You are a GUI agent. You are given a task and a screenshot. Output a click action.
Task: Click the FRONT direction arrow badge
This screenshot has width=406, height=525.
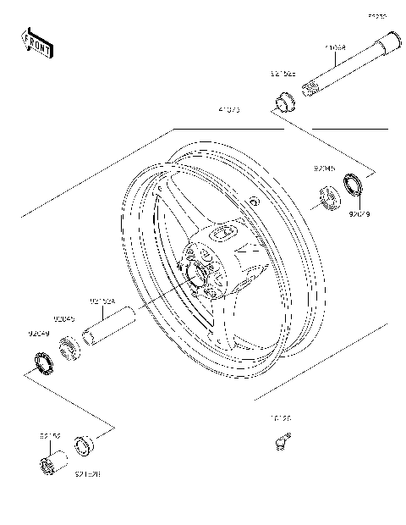pyautogui.click(x=36, y=42)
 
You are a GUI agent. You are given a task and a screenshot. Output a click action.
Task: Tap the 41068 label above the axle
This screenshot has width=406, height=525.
pyautogui.click(x=337, y=49)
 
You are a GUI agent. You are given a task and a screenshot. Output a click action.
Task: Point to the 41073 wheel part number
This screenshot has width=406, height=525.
pyautogui.click(x=228, y=109)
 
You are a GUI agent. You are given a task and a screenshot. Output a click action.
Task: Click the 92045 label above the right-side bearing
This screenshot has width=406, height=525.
pyautogui.click(x=325, y=169)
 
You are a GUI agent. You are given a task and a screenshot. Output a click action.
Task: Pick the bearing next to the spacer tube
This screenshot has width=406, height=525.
pyautogui.click(x=70, y=345)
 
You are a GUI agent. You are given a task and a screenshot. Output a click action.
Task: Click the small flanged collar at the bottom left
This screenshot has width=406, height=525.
pyautogui.click(x=84, y=445)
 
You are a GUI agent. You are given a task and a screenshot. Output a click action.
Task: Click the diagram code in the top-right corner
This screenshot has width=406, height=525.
pyautogui.click(x=376, y=15)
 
